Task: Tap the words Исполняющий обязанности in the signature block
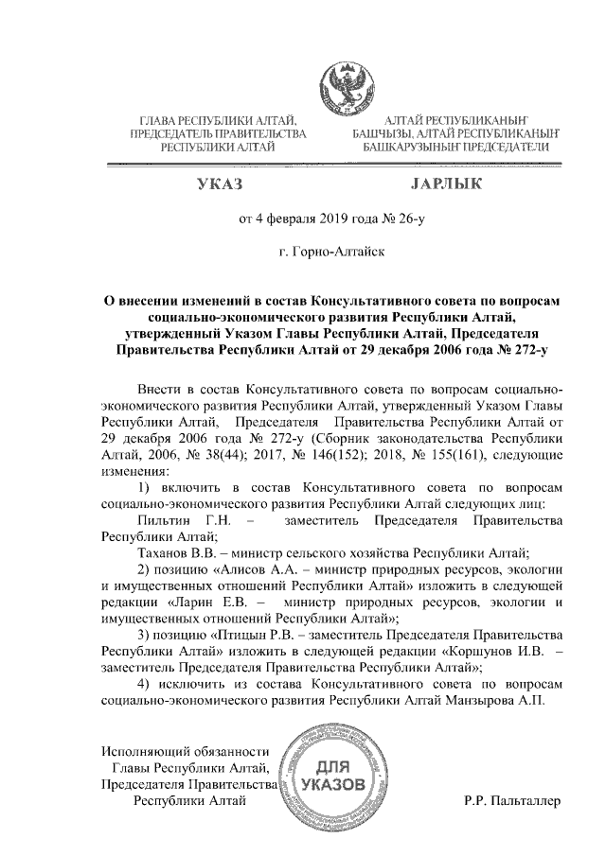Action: pyautogui.click(x=185, y=752)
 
